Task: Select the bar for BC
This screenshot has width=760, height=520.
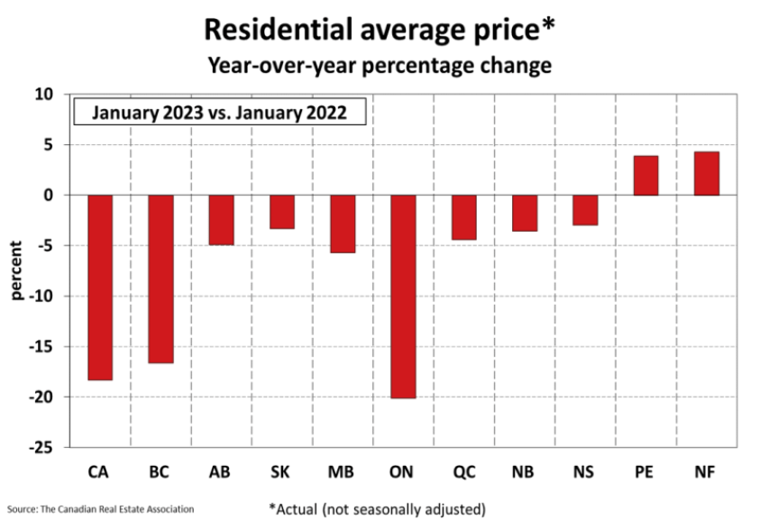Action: [160, 278]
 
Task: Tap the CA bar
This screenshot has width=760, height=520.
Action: [100, 287]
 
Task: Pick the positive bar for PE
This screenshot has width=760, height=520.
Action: [646, 176]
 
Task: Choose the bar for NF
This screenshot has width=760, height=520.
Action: [706, 173]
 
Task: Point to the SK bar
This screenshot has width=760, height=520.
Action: [281, 211]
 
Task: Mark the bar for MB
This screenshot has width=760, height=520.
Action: [343, 223]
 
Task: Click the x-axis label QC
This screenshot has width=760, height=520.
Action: [464, 472]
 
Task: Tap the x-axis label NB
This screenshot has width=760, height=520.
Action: [525, 472]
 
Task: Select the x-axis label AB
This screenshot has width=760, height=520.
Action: [221, 472]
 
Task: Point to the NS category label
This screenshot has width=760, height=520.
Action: [585, 472]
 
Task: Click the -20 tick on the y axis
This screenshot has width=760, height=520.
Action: [42, 397]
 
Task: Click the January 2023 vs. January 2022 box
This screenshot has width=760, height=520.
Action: [218, 114]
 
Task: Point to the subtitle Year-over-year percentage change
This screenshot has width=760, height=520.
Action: [380, 66]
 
